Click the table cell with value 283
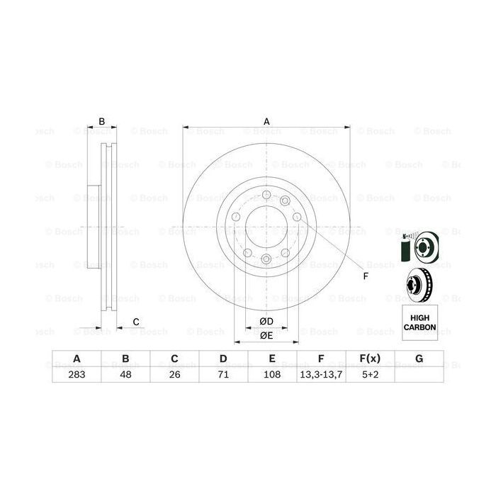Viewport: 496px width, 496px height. coord(76,374)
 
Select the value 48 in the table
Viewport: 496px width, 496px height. coord(125,374)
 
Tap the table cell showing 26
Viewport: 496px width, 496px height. coord(174,374)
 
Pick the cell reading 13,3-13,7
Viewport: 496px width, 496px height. coord(321,374)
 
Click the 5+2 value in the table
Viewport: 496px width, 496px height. coord(370,374)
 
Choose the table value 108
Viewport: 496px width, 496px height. coord(272,374)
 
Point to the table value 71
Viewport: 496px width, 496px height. coord(222,374)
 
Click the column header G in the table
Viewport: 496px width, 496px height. coord(419,359)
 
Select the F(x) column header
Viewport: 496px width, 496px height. coord(370,359)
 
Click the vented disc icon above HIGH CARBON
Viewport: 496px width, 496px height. coord(419,285)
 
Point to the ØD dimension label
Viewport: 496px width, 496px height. coord(266,322)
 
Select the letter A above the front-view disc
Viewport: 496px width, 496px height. coord(267,121)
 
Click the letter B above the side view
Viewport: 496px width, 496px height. coord(102,121)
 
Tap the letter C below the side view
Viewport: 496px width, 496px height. coord(135,322)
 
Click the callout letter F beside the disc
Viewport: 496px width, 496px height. coord(366,276)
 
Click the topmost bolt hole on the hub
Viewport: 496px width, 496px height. coord(266,196)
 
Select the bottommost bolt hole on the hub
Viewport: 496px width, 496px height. coord(266,259)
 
